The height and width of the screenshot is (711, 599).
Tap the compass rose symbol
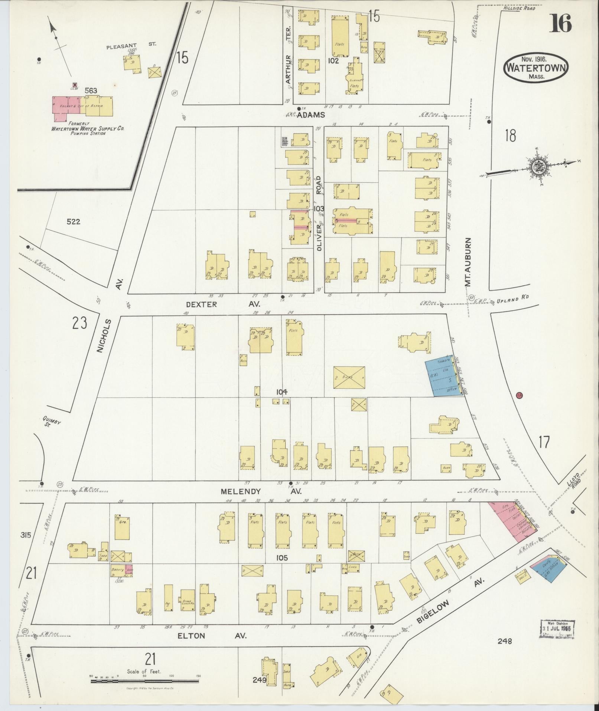coord(537,165)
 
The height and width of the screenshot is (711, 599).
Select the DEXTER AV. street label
coord(223,304)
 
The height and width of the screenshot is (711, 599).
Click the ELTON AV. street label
coord(211,636)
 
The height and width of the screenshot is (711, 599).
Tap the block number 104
coord(281,392)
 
